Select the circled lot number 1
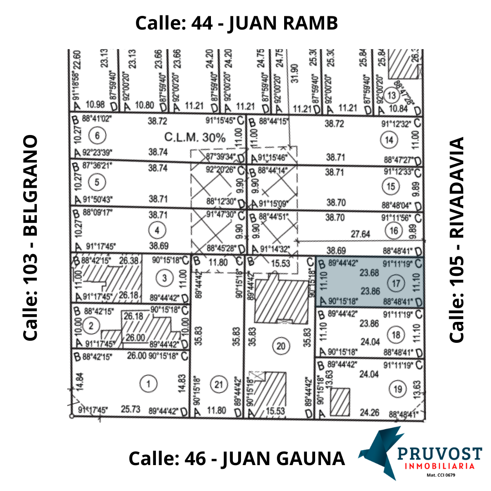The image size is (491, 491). coord(147,385)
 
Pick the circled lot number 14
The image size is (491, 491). coord(389,140)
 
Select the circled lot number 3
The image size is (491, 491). coord(165,277)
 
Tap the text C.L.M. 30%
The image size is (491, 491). coord(195,138)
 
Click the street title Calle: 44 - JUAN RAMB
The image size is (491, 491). coord(236,23)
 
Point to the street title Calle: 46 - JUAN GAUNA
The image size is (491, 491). coord(236,458)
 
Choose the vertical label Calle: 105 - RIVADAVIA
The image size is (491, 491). coord(457,240)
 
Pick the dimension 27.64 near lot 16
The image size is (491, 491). coord(360,234)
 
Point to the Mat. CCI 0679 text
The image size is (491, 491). coord(441,476)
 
